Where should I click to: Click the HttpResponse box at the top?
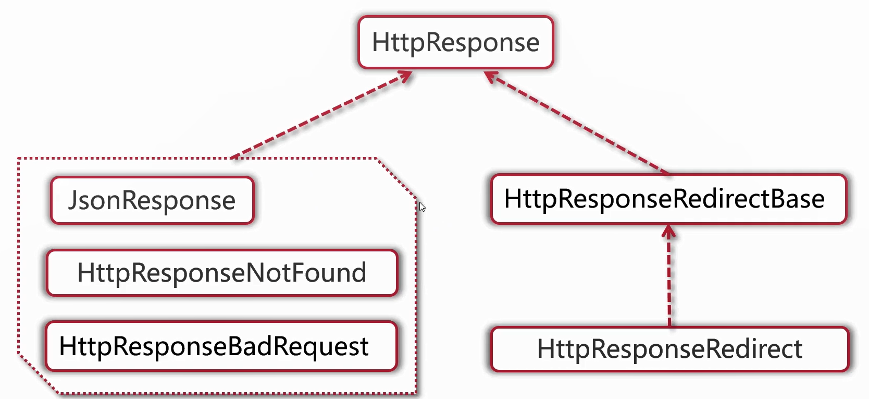455,42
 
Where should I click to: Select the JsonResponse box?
152,200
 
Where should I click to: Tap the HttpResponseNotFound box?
222,273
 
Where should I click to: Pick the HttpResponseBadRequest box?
221,346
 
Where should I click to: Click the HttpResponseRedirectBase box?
668,199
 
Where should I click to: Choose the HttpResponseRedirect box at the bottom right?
669,349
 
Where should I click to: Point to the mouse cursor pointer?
422,207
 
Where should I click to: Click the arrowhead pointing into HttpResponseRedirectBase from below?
669,232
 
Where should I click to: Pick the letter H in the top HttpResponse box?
381,42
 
